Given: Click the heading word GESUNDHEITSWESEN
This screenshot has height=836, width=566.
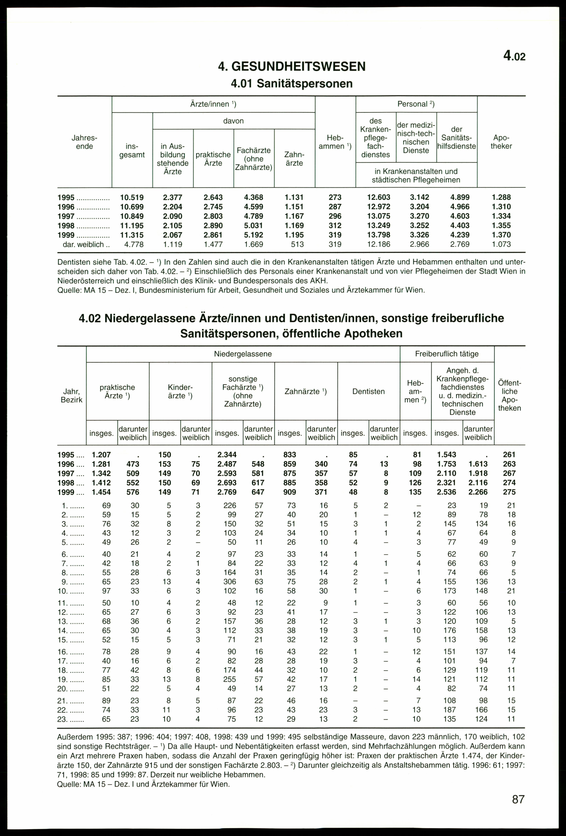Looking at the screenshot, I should tap(298, 67).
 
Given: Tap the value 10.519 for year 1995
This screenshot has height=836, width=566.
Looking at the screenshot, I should tap(132, 198).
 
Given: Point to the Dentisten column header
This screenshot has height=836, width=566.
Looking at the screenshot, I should tap(368, 391).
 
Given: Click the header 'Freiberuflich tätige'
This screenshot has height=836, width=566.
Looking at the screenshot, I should tap(447, 354).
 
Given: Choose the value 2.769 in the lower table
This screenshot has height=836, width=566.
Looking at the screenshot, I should tap(227, 492).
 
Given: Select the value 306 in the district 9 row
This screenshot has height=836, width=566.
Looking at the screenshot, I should tap(230, 582).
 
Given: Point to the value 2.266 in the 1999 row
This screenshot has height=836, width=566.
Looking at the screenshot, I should tap(478, 492).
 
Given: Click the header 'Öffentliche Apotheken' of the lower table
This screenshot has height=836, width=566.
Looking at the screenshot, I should tap(510, 395).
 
